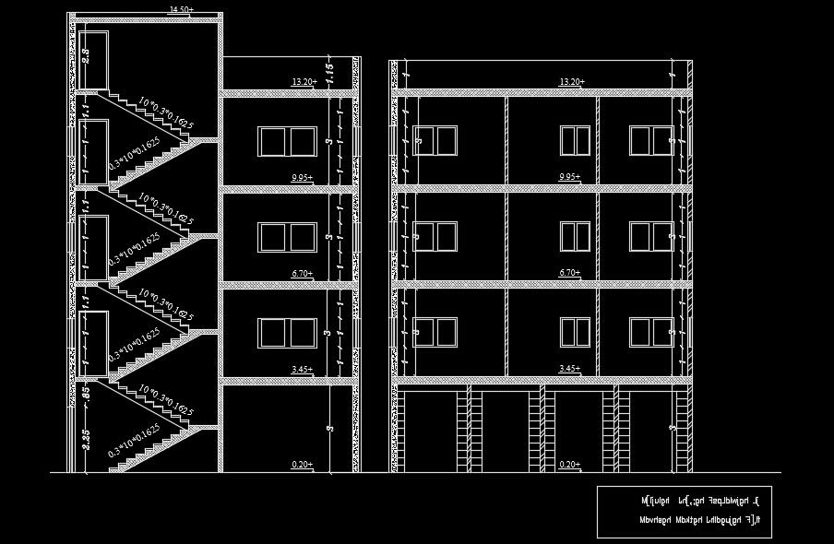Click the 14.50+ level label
pos(180,9)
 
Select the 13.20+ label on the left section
pos(304,82)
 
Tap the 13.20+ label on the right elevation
pos(571,82)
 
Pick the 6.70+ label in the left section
pos(302,274)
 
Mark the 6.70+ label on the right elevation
pos(570,274)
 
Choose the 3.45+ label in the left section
pos(302,370)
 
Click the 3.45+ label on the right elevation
pos(570,370)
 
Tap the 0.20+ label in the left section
pos(302,465)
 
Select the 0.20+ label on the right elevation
pos(570,465)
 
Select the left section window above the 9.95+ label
pos(288,142)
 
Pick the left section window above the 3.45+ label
pos(288,332)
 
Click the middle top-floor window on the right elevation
pos(576,141)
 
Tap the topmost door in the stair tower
pos(95,61)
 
